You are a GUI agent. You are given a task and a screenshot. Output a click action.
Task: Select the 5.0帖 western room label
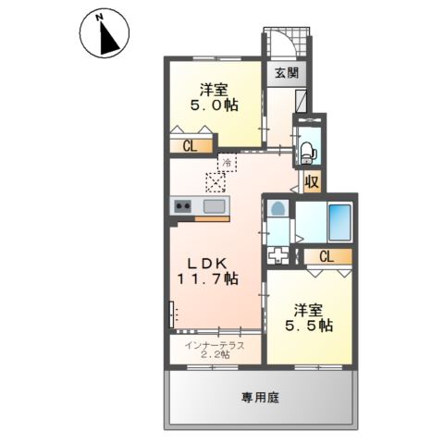pos(215,98)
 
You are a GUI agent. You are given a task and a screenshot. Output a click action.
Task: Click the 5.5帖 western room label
pos(310,317)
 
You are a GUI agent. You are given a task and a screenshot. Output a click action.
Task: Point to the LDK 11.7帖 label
pos(209,269)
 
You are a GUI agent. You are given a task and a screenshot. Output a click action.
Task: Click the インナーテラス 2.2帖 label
pos(214,350)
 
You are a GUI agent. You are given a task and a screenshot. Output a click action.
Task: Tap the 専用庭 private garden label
pos(260,397)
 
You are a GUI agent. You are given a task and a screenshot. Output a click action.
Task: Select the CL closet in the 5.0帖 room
pos(189,144)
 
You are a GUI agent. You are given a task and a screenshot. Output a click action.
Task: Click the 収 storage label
pos(312,181)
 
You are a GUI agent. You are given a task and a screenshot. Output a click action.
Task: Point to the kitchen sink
pos(214,205)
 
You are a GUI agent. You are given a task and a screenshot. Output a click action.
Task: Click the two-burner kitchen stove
pos(182,206)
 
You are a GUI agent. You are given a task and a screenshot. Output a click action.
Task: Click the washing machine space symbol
pos(277,253)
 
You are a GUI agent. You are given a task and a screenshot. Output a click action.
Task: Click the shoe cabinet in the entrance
pos(302,100)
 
